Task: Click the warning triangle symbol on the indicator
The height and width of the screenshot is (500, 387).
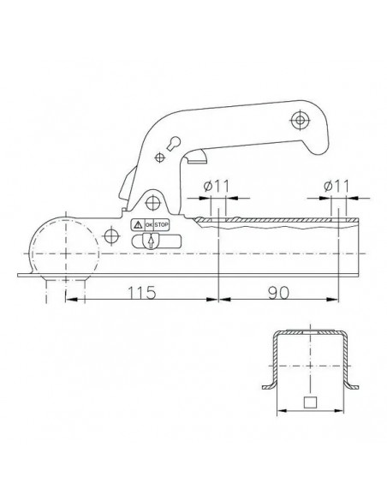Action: pos(138,225)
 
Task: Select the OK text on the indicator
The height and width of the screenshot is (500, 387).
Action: pos(149,225)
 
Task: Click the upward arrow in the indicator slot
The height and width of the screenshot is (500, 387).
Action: pos(150,243)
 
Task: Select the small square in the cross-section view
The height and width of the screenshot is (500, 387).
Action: pos(312,403)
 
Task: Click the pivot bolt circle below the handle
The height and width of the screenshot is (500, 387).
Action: pos(153,202)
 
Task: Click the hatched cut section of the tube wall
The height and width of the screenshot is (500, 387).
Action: pos(274,221)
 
